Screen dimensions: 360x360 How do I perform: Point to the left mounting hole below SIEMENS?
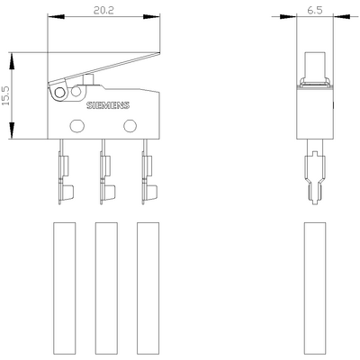coord(76,124)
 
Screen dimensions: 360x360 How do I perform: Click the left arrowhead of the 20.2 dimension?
coord(49,17)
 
